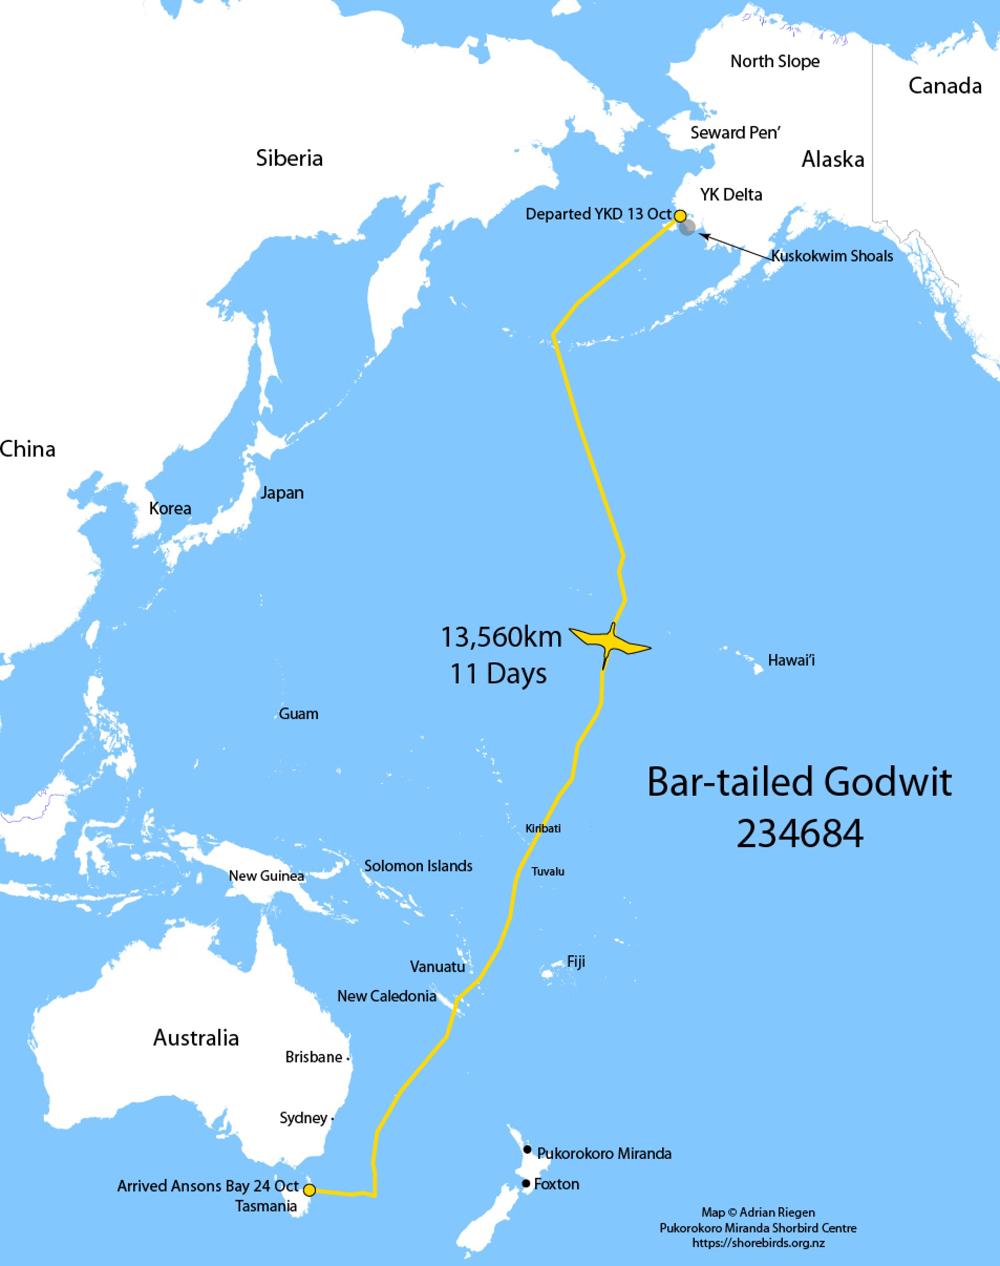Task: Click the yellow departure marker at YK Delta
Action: tap(680, 216)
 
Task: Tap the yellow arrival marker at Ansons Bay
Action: tap(310, 1190)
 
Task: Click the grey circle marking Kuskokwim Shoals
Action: tap(688, 227)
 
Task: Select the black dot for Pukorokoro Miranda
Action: tap(527, 1149)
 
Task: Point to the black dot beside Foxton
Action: tap(526, 1184)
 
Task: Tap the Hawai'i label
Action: tap(791, 660)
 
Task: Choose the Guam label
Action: tap(299, 714)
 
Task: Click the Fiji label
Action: tap(576, 962)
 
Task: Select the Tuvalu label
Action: tap(548, 871)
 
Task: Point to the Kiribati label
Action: tap(542, 829)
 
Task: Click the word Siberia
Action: tap(289, 158)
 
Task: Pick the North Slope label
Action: tap(774, 61)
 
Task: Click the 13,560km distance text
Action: tap(501, 637)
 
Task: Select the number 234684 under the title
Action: tap(800, 834)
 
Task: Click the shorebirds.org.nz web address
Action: tap(758, 1242)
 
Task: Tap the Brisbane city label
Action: tap(314, 1057)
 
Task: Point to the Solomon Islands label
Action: tap(418, 866)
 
